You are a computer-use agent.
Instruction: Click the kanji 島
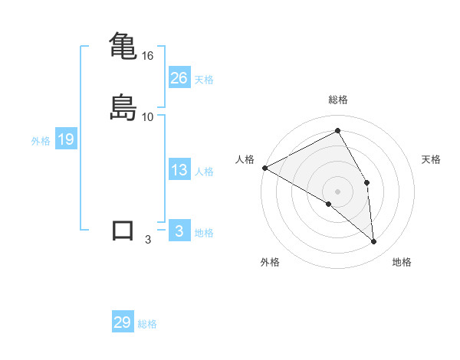[x=123, y=106]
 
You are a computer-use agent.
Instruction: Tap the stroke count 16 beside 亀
[x=148, y=56]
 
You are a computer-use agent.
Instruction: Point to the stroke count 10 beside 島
[x=148, y=116]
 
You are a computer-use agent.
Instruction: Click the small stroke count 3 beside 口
[x=148, y=240]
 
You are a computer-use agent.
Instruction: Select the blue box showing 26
[x=179, y=77]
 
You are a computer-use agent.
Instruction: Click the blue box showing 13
[x=179, y=170]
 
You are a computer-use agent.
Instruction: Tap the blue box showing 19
[x=66, y=139]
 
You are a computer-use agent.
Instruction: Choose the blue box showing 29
[x=123, y=322]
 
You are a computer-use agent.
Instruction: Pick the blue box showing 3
[x=179, y=231]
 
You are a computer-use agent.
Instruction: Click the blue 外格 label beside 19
[x=41, y=141]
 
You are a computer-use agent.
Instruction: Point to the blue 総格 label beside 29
[x=148, y=324]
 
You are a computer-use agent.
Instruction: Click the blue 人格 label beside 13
[x=204, y=172]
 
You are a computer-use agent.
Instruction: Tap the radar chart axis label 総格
[x=338, y=100]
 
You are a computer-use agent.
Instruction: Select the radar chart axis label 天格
[x=432, y=159]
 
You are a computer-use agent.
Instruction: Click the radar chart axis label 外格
[x=270, y=262]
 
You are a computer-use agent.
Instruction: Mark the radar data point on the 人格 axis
[x=264, y=168]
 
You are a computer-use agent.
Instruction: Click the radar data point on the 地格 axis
[x=374, y=241]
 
